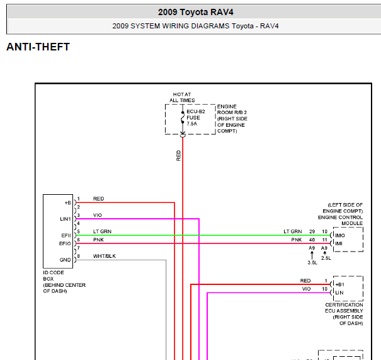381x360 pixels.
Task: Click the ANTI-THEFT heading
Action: point(38,47)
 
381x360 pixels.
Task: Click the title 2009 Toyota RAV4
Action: point(196,12)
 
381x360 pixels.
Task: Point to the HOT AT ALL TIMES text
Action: point(182,97)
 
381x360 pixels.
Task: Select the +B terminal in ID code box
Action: point(68,203)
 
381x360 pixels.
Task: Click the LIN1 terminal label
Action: point(65,219)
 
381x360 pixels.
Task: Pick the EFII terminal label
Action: point(66,235)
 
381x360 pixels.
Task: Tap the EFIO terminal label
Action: point(65,243)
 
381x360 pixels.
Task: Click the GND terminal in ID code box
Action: point(65,260)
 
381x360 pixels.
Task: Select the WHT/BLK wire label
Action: point(105,256)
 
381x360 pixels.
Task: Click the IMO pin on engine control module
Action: point(340,235)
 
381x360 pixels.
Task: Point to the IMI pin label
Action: point(339,243)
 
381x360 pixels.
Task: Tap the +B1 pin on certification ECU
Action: point(339,284)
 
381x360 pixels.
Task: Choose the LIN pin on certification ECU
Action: point(339,293)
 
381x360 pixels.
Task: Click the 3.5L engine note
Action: point(312,263)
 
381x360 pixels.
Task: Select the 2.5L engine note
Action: point(326,258)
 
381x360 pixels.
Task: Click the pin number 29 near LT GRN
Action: point(312,231)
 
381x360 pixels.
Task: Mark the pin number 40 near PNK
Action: point(312,240)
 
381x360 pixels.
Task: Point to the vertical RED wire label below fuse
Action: point(179,156)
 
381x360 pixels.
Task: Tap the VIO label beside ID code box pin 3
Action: point(98,215)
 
